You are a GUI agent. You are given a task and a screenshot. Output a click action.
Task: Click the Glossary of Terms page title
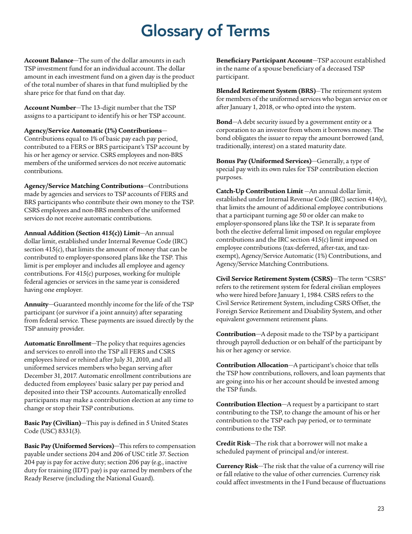pyautogui.click(x=206, y=31)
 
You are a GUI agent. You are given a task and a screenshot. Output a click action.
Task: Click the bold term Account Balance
pyautogui.click(x=48, y=59)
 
